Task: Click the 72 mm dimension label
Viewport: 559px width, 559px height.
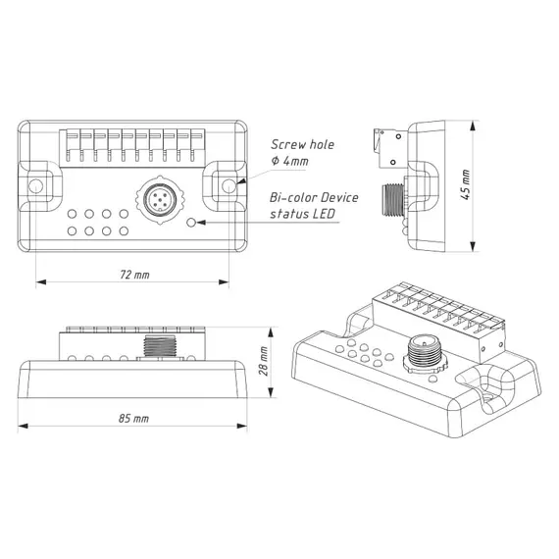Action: coord(134,275)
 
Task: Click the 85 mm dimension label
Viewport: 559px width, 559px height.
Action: coord(133,418)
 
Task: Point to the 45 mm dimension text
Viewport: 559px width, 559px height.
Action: coord(466,185)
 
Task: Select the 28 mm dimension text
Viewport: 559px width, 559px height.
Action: coord(264,361)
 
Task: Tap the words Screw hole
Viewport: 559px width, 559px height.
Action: coord(302,144)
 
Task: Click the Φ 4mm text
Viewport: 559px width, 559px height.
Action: coord(289,161)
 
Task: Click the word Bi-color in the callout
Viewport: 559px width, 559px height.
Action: coord(293,197)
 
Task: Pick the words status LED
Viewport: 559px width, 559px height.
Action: coord(303,214)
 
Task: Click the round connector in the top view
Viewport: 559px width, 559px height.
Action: coord(160,200)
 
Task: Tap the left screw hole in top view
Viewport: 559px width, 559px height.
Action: coord(35,186)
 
